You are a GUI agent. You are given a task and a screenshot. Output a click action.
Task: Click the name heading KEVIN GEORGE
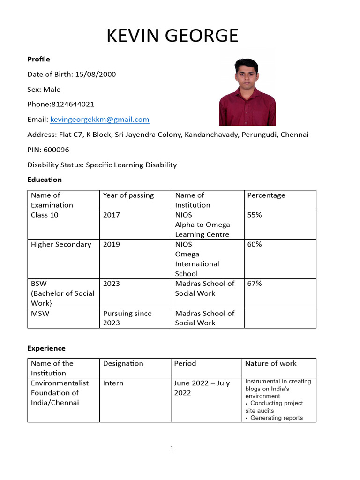(172, 36)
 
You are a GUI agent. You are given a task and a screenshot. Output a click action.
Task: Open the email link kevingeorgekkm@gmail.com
(100, 120)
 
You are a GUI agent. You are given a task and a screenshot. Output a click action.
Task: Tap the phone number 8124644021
(72, 105)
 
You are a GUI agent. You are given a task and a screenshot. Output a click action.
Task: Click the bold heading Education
(45, 180)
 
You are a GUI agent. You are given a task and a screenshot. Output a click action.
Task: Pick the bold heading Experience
(46, 348)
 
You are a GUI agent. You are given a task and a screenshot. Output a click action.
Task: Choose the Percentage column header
(266, 195)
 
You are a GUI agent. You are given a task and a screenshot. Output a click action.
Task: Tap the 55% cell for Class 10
(255, 215)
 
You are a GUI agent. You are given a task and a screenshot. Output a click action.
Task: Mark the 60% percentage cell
(255, 244)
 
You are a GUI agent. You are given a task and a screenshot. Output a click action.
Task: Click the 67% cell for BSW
(255, 284)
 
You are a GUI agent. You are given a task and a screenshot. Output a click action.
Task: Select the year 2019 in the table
(112, 244)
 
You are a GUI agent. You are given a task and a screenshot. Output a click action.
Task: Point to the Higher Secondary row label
(61, 244)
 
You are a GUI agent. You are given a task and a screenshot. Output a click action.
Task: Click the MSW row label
(40, 313)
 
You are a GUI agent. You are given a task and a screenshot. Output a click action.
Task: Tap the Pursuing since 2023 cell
(127, 318)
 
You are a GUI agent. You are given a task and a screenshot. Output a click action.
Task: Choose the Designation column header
(123, 363)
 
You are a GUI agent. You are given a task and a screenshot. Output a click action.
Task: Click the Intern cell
(113, 383)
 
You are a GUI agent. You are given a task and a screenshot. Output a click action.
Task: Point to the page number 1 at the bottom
(172, 449)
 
